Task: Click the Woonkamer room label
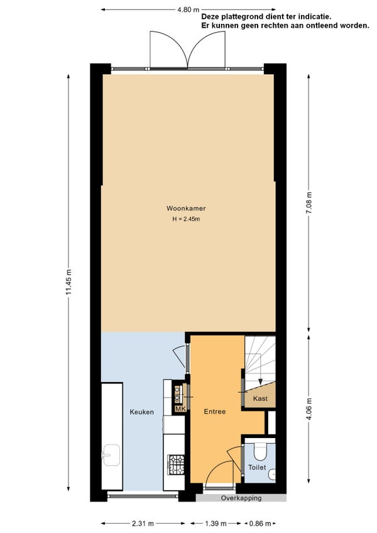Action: [x=186, y=209]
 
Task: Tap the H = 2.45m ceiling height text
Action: [x=186, y=219]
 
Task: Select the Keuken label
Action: [x=142, y=412]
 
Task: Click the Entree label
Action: [x=215, y=412]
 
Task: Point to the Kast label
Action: [x=260, y=398]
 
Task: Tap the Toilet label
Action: [x=257, y=468]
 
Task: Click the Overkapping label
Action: [x=241, y=498]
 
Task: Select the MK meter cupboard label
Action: [x=180, y=409]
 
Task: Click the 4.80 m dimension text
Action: [x=188, y=9]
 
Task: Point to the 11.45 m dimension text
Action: [x=69, y=282]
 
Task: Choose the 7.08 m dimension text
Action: [x=309, y=203]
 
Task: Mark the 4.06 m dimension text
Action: [x=309, y=409]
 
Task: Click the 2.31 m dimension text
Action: [x=143, y=524]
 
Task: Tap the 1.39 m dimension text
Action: [x=215, y=524]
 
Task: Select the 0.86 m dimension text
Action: [x=260, y=524]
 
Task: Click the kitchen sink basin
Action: [x=111, y=455]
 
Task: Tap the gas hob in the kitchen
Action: [x=176, y=464]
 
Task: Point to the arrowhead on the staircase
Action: [x=260, y=381]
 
